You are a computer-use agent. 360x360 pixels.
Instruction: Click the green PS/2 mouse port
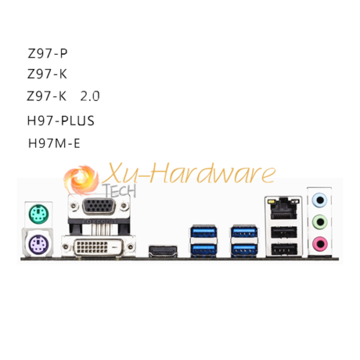tap(39, 214)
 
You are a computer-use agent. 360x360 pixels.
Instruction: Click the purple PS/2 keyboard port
tap(39, 243)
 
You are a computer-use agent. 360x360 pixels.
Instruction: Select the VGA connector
tap(99, 206)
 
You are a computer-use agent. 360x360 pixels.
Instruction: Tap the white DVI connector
tap(99, 247)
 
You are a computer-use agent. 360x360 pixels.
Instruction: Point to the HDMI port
tap(163, 251)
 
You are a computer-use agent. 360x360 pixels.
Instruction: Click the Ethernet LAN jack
tap(284, 209)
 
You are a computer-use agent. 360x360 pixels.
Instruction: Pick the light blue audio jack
tap(320, 199)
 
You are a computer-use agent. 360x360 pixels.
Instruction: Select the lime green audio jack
tap(320, 222)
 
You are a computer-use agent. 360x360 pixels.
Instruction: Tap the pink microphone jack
tap(320, 244)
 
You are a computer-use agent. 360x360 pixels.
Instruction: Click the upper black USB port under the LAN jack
tap(284, 233)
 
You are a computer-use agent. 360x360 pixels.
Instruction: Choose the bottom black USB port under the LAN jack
tap(284, 250)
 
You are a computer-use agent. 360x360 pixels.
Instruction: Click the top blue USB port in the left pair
tap(204, 232)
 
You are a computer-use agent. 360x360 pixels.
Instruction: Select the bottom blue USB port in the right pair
tap(244, 250)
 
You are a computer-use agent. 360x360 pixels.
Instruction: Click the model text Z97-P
tap(48, 53)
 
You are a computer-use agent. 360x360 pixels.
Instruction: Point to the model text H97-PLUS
tap(60, 121)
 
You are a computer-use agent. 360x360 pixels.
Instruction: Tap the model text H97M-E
tap(54, 143)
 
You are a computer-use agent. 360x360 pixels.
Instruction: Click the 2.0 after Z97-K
tap(90, 96)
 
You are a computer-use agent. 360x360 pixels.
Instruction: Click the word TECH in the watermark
tap(120, 191)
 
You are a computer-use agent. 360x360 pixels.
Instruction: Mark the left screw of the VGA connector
tap(73, 205)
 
